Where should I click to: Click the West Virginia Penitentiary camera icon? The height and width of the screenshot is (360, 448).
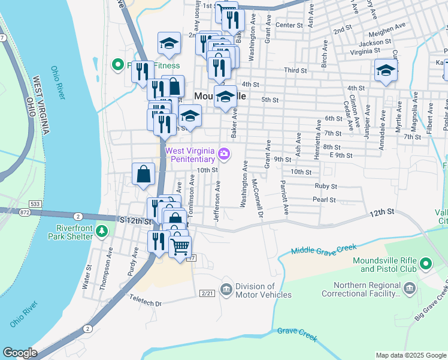click(224, 154)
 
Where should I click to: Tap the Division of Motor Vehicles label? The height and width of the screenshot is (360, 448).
click(263, 290)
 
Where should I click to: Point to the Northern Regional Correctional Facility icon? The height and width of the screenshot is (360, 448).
click(410, 290)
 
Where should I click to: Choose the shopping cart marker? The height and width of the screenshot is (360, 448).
click(180, 246)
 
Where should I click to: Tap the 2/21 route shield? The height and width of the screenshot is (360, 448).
click(207, 293)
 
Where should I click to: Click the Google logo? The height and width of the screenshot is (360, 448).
click(20, 353)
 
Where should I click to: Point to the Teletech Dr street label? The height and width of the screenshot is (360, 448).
click(146, 304)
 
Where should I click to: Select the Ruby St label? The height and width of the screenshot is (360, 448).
click(326, 186)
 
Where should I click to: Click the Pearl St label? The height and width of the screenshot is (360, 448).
click(323, 199)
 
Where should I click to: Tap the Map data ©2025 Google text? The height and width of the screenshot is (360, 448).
click(410, 355)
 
